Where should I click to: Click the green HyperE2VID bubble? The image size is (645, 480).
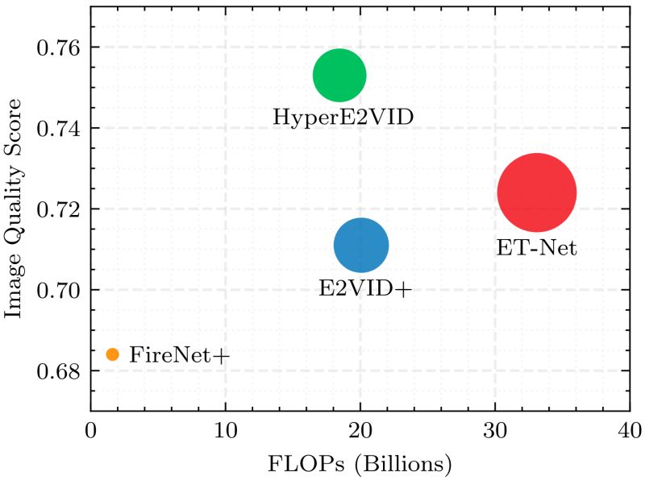(339, 76)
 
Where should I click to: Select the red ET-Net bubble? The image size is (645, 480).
(536, 193)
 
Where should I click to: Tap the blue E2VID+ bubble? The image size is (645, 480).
(361, 246)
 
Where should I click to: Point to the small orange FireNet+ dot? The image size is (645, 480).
(112, 354)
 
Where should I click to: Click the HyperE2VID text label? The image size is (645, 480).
(343, 118)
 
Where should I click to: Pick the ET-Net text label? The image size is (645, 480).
(537, 248)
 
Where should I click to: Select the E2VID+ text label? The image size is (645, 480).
(364, 288)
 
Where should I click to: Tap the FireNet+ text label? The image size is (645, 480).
(180, 354)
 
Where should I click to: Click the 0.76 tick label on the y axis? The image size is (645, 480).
(58, 48)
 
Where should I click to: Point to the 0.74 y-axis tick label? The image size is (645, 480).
(58, 128)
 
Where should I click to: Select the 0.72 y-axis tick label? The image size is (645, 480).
(58, 209)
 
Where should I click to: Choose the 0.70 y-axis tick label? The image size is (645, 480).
(58, 290)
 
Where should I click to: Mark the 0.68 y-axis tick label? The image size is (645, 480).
(58, 370)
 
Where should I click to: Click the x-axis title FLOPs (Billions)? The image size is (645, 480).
(360, 464)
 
